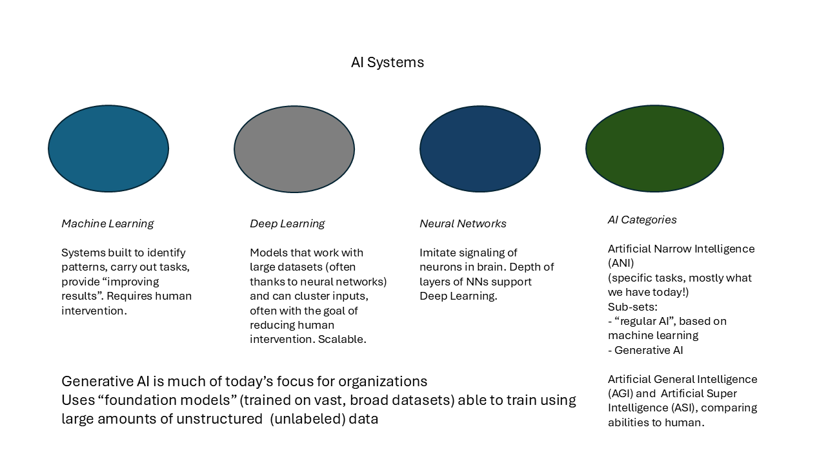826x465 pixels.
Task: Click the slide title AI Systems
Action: point(387,63)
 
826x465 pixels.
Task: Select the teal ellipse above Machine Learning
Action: point(108,149)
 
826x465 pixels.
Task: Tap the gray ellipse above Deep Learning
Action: point(294,149)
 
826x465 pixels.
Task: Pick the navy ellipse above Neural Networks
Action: point(480,149)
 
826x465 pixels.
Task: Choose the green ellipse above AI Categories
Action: point(654,149)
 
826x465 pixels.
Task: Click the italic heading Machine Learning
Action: point(108,224)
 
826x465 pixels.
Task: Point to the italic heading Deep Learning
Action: point(287,224)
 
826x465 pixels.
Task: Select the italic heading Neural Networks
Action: point(463,224)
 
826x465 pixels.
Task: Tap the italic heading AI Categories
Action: point(642,220)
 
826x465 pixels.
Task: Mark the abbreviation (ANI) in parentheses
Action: point(621,263)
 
